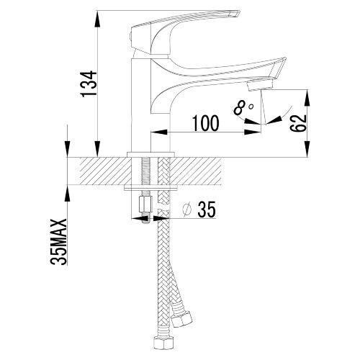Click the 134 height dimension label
click(89, 84)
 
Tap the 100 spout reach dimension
click(206, 123)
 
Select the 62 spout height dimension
click(298, 123)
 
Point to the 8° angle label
click(243, 108)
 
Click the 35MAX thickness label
click(58, 242)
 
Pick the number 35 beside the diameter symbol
click(207, 209)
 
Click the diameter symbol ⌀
click(186, 210)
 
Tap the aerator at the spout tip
click(260, 86)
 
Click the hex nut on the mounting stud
click(145, 204)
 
